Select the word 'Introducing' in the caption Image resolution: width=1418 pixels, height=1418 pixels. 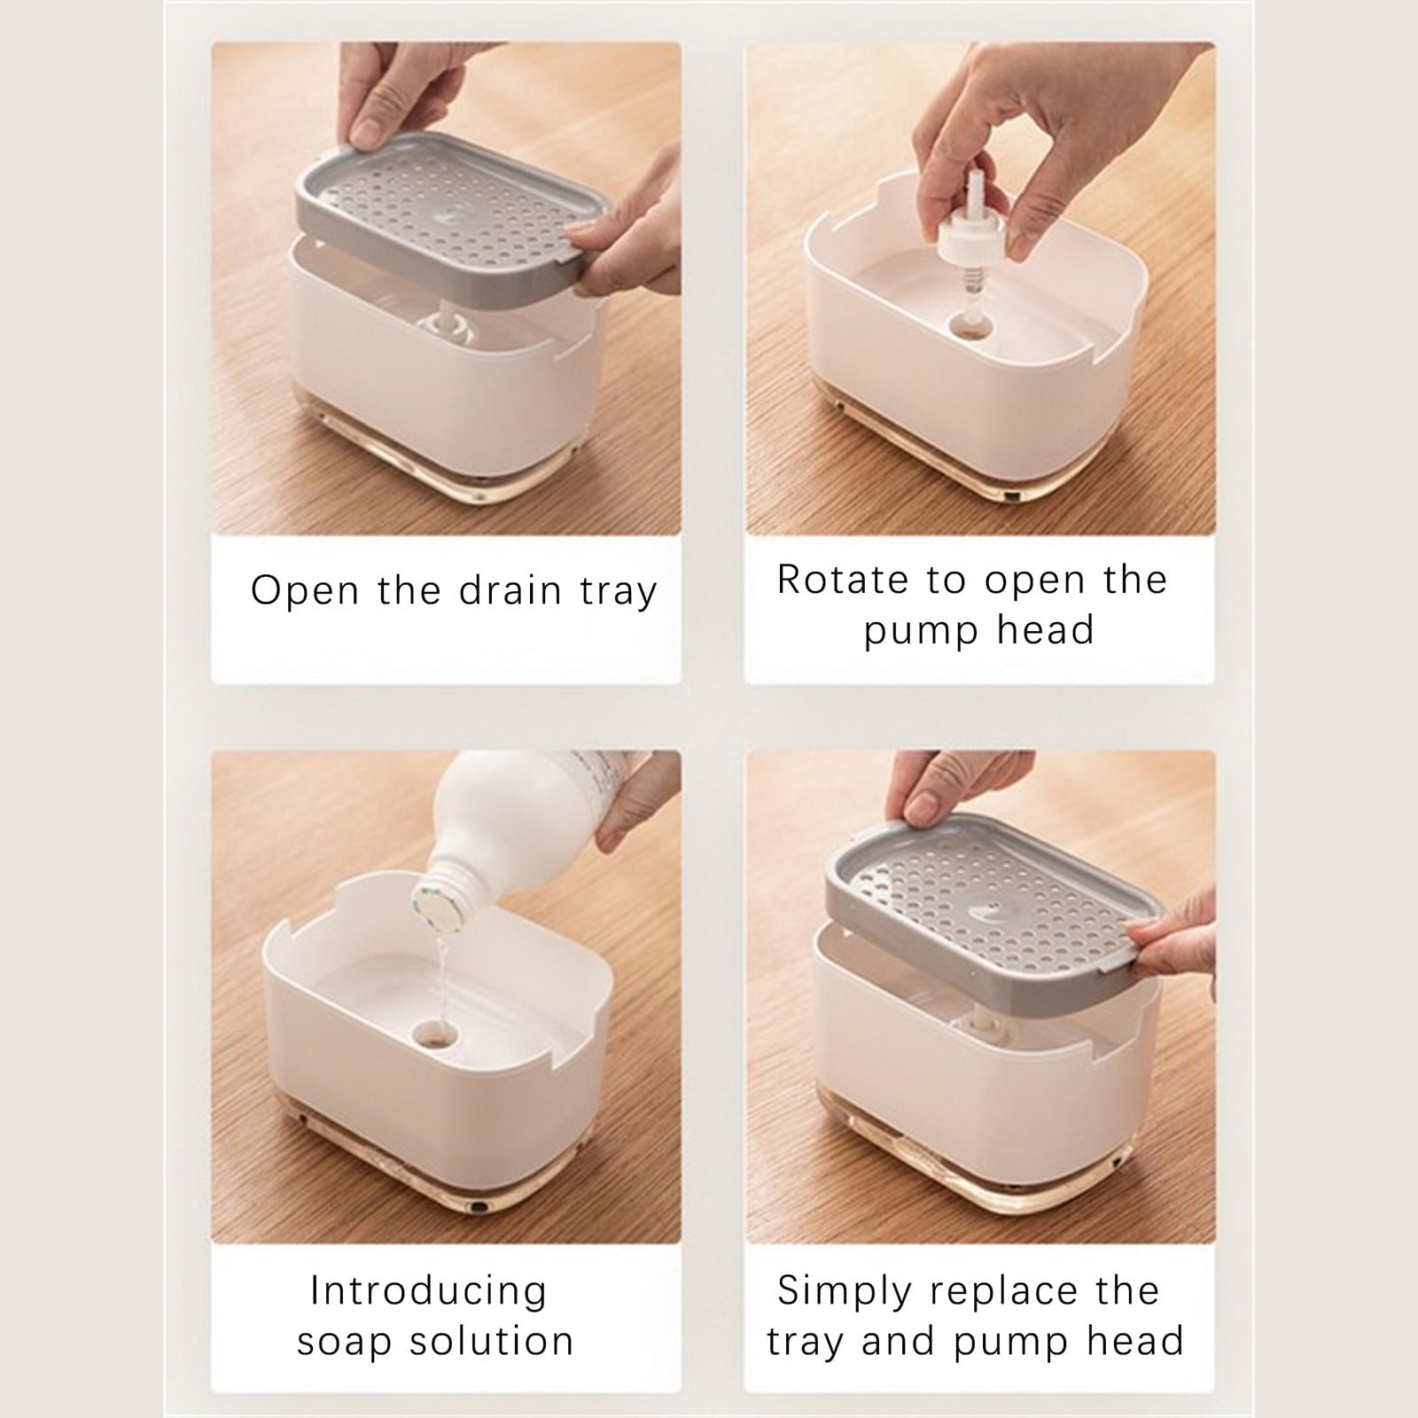[428, 1290]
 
